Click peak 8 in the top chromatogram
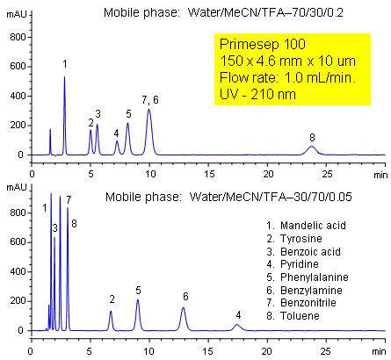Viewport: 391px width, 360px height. [x=311, y=148]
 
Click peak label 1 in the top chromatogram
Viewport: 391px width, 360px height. [x=64, y=64]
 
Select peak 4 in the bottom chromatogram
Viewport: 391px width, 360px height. [x=236, y=326]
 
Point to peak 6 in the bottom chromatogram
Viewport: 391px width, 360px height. [x=184, y=309]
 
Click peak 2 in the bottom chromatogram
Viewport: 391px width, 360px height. [x=111, y=313]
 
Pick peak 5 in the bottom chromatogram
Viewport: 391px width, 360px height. [x=138, y=302]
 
